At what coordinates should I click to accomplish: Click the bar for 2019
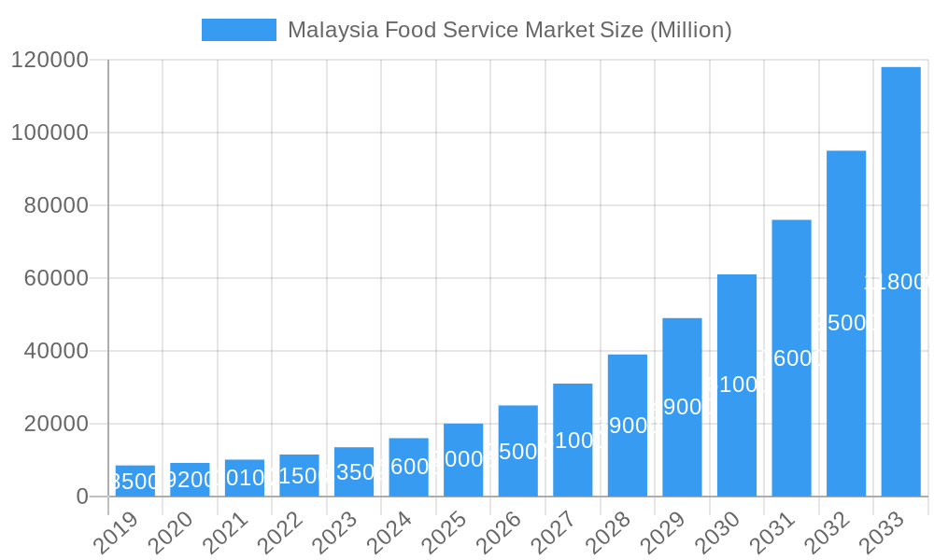pyautogui.click(x=135, y=481)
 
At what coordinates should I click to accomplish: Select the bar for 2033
pyautogui.click(x=900, y=281)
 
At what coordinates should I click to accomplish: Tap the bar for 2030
pyautogui.click(x=737, y=385)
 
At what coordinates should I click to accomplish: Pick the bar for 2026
pyautogui.click(x=518, y=450)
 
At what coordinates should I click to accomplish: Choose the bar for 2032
pyautogui.click(x=846, y=323)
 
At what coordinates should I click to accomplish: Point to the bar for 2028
pyautogui.click(x=628, y=425)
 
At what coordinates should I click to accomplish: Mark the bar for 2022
pyautogui.click(x=299, y=475)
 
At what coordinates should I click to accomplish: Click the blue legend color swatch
pyautogui.click(x=239, y=30)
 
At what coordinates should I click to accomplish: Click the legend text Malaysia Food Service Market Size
pyautogui.click(x=509, y=30)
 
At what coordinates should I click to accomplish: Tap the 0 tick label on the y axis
pyautogui.click(x=82, y=497)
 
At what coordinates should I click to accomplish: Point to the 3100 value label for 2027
pyautogui.click(x=572, y=441)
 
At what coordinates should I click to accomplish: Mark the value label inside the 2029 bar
pyautogui.click(x=681, y=407)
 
